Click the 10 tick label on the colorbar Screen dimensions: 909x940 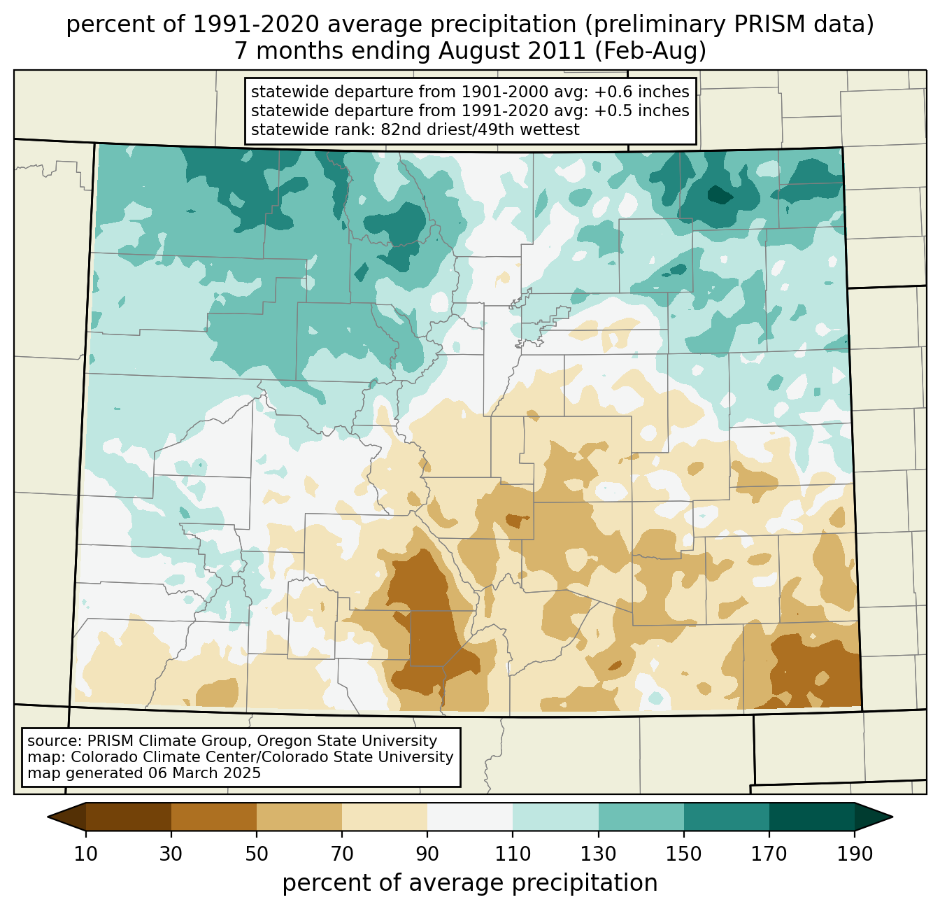tap(86, 854)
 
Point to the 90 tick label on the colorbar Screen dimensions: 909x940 tap(427, 854)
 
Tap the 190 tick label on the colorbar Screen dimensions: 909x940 tap(855, 854)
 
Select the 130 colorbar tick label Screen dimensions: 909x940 tap(599, 854)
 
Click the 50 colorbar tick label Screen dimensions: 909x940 tap(257, 854)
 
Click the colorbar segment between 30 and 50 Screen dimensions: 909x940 tap(214, 817)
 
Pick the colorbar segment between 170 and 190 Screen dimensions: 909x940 tap(812, 817)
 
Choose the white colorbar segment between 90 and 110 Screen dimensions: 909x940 tap(470, 817)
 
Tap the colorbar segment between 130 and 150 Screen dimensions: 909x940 tap(641, 817)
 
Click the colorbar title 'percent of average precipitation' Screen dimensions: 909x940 tap(470, 883)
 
